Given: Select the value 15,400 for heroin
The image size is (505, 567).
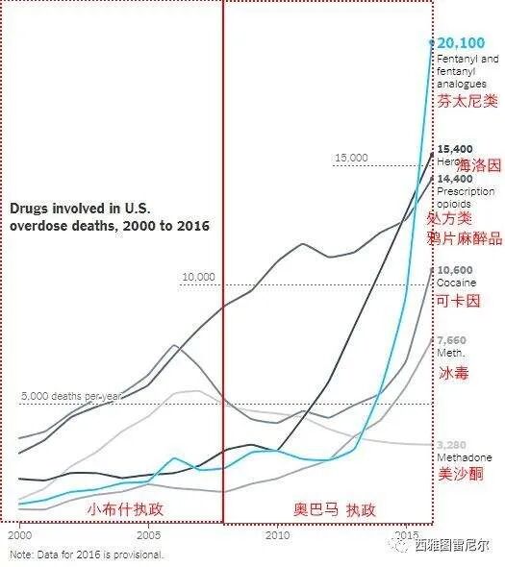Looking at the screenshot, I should (455, 149).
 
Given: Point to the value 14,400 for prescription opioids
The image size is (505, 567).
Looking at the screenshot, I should (455, 179).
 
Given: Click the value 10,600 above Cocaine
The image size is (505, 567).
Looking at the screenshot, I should (455, 270).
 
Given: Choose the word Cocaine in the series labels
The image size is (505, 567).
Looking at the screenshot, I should (456, 283).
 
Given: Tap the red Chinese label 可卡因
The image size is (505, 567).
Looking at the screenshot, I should (456, 301).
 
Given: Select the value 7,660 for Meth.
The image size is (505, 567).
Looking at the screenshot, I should (451, 340).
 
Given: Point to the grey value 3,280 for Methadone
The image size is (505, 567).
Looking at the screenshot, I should (451, 445).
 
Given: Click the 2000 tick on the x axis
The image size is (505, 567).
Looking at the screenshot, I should (18, 533).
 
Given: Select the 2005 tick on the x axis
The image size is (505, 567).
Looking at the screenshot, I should (149, 533).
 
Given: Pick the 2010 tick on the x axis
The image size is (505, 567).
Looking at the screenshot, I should (278, 533).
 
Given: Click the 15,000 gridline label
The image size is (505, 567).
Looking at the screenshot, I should (351, 158).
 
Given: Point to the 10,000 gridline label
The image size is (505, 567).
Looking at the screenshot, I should (199, 277).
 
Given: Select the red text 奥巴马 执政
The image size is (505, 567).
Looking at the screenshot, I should (334, 508).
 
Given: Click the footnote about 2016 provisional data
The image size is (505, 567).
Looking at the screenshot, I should (87, 555).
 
